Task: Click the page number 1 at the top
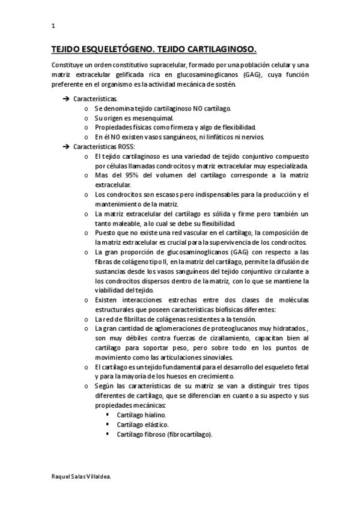tap(53, 26)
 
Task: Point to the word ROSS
tap(127, 147)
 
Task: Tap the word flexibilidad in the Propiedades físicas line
tap(237, 127)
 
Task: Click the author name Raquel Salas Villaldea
tap(82, 475)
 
